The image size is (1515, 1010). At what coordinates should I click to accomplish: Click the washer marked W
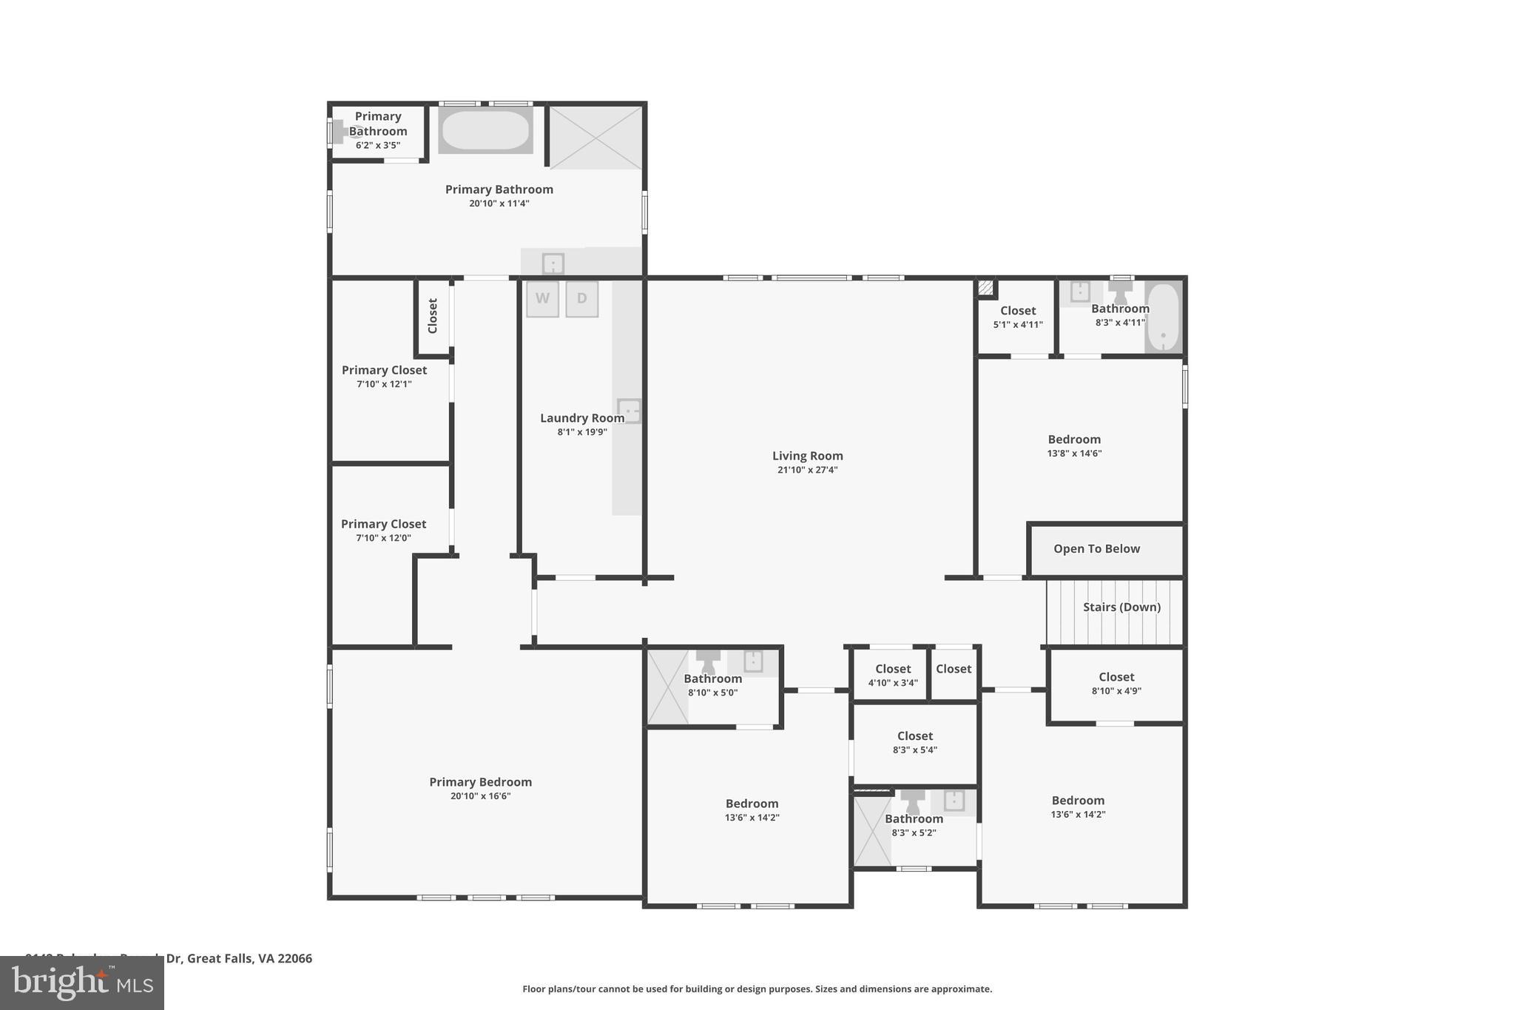[542, 299]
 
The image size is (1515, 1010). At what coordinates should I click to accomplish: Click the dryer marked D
[582, 299]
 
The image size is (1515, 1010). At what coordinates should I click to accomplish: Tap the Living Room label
[807, 456]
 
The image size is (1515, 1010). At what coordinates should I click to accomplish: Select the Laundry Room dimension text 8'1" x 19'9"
[582, 432]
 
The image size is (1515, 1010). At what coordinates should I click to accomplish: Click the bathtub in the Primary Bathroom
[485, 131]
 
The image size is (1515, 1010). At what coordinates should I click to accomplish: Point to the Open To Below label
[1096, 549]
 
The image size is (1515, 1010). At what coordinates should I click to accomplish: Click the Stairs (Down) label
[1121, 607]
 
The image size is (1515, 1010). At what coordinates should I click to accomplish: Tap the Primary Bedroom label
[480, 782]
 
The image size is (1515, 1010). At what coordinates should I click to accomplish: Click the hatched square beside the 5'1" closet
[985, 288]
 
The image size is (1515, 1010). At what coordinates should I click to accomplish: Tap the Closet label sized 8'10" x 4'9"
[1116, 677]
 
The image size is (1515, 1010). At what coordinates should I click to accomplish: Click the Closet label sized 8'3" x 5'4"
[915, 736]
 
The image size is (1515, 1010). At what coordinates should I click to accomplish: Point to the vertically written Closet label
[433, 316]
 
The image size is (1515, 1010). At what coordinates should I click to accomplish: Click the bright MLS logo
[82, 983]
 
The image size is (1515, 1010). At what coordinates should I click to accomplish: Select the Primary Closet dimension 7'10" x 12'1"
[384, 384]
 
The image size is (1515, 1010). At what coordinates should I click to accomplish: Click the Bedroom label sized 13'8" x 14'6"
[1074, 440]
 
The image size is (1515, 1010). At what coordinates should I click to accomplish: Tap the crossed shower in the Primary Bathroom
[595, 138]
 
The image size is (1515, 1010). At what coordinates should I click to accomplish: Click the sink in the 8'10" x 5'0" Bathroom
[753, 661]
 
